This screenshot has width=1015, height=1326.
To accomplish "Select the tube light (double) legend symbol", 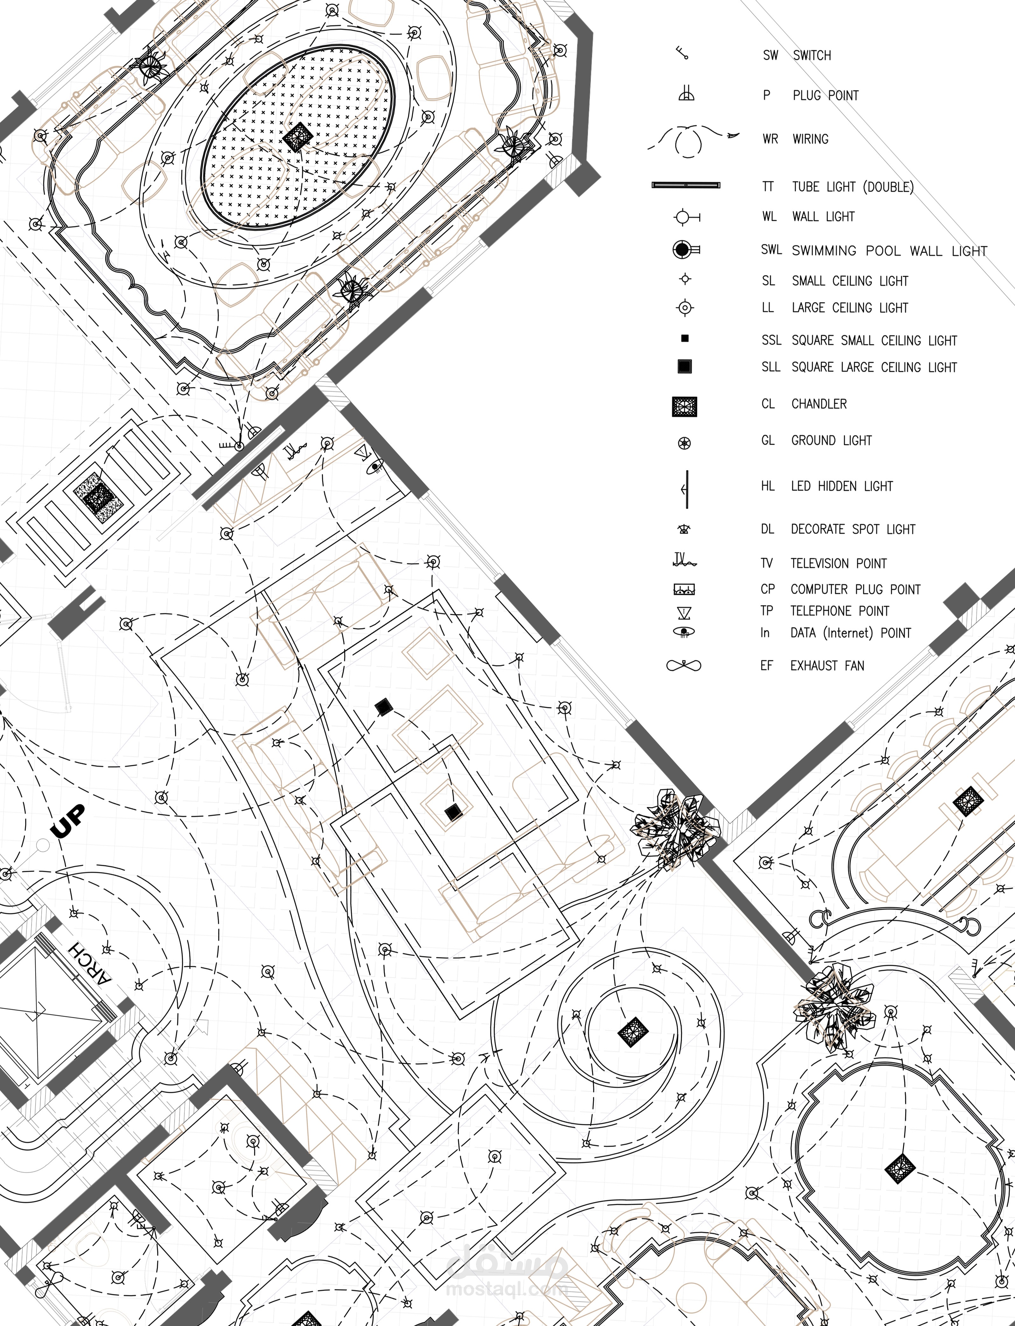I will coord(686,185).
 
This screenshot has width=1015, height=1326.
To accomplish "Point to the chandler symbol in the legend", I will coord(684,406).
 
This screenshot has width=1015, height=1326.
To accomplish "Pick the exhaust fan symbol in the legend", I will coord(683,665).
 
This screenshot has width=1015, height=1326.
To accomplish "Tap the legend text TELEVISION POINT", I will coord(839,563).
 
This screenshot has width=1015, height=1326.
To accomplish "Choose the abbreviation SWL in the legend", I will coord(771,249).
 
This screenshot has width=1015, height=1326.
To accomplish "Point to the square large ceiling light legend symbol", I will coord(684,366).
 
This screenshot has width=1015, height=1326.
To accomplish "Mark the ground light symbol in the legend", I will coord(684,443).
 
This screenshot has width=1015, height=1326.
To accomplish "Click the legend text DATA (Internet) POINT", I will coord(850,633).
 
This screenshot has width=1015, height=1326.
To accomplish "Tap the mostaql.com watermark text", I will coord(506,1287).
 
